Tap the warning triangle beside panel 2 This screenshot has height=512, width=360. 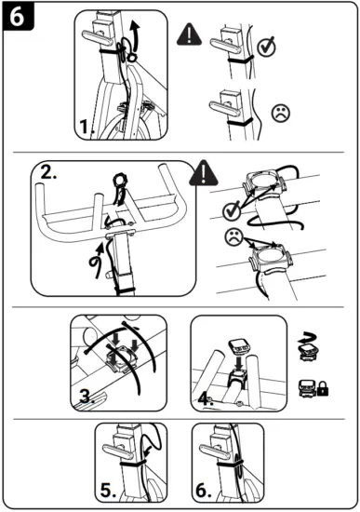click(x=202, y=173)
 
